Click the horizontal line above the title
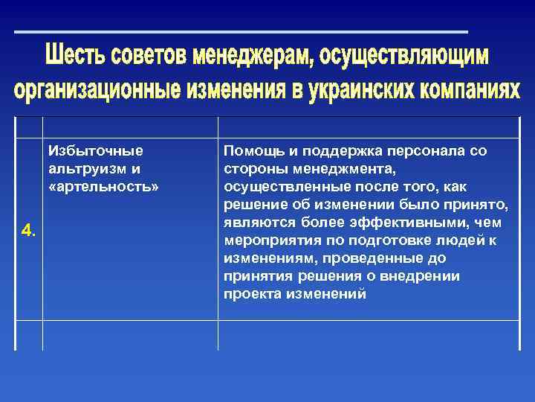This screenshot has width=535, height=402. [241, 32]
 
